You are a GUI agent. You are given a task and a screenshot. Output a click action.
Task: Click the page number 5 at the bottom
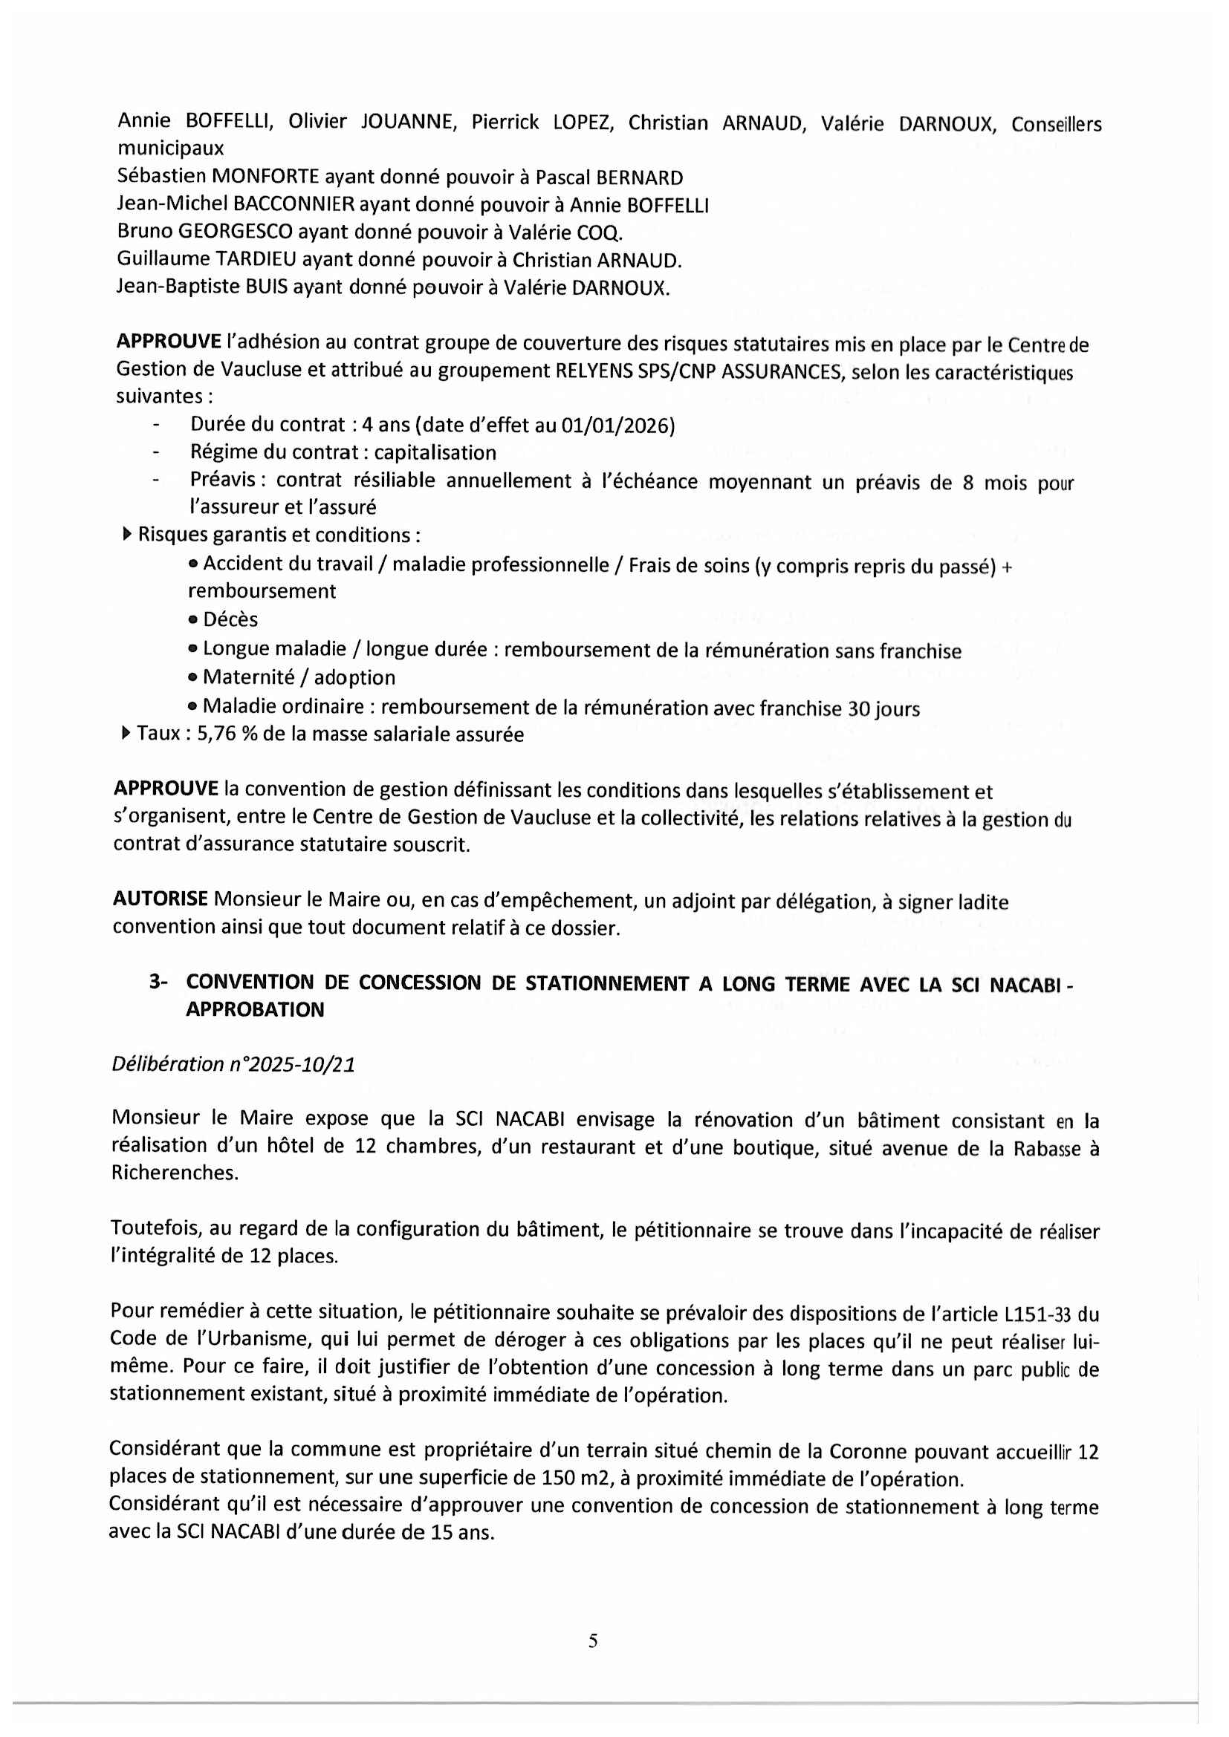[592, 1640]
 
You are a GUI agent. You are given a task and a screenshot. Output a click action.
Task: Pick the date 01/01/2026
[617, 426]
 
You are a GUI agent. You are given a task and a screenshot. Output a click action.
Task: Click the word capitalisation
[435, 452]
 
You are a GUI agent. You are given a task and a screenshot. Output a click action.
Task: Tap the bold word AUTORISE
[160, 899]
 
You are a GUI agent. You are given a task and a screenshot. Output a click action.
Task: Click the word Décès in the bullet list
[230, 619]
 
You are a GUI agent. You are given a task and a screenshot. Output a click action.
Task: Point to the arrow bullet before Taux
[126, 733]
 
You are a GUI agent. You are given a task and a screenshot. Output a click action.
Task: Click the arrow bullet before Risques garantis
[126, 535]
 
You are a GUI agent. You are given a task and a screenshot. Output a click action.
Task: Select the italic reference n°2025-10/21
[292, 1064]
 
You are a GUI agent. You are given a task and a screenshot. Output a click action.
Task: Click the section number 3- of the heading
[158, 982]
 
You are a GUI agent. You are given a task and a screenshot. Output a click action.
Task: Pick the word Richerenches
[174, 1173]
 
